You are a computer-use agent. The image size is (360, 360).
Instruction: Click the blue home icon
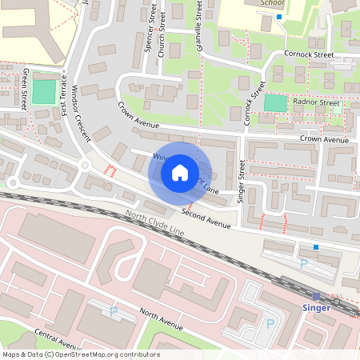(x=180, y=172)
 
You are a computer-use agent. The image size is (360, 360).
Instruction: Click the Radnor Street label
(x=317, y=102)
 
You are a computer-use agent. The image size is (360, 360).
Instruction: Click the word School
(x=272, y=3)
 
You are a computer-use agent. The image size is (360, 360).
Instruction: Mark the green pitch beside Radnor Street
(x=274, y=103)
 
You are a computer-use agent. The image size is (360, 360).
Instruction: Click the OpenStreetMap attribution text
(x=81, y=354)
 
